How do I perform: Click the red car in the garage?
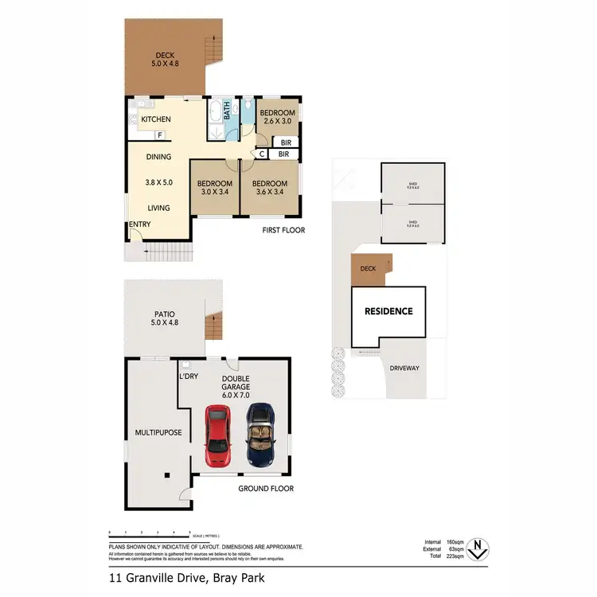click(218, 435)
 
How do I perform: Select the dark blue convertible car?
click(260, 435)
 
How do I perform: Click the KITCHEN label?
click(156, 119)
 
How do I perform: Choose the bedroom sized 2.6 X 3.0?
click(278, 118)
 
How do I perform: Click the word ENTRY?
click(140, 224)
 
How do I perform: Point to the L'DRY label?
click(188, 375)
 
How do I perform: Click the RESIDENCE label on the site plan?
click(388, 311)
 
